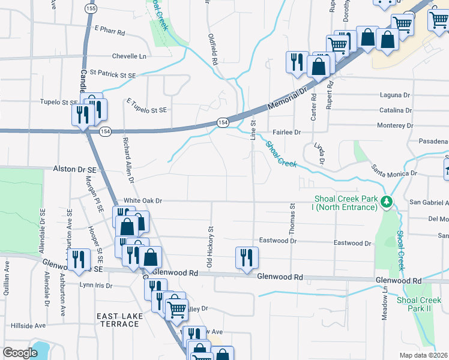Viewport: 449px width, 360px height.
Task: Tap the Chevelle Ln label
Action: tap(128, 56)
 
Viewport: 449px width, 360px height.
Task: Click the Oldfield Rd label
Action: tap(213, 50)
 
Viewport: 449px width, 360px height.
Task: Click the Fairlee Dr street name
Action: tap(286, 132)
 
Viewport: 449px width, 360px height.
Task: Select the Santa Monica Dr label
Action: tap(393, 170)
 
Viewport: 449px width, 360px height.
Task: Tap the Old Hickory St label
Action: tap(210, 246)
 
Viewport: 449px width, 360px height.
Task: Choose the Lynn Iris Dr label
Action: tap(95, 286)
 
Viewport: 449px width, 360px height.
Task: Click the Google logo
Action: tap(20, 353)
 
